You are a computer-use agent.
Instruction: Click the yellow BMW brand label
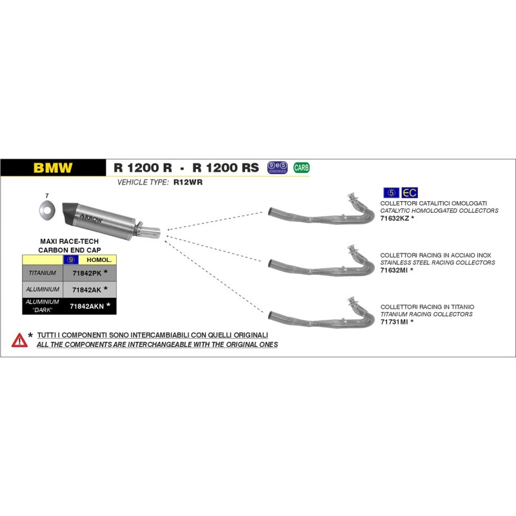pos(53,168)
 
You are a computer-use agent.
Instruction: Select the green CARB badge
pos(301,168)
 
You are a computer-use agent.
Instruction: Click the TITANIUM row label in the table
pos(42,273)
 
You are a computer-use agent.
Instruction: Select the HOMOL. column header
pos(99,259)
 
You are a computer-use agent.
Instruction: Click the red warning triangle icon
pos(19,339)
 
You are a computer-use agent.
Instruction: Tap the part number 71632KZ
pos(394,219)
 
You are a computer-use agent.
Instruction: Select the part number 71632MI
pos(394,270)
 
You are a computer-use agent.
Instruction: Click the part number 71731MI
pos(394,321)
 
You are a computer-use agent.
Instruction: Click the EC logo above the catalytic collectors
pos(410,192)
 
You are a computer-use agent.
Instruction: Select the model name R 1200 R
pos(143,168)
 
